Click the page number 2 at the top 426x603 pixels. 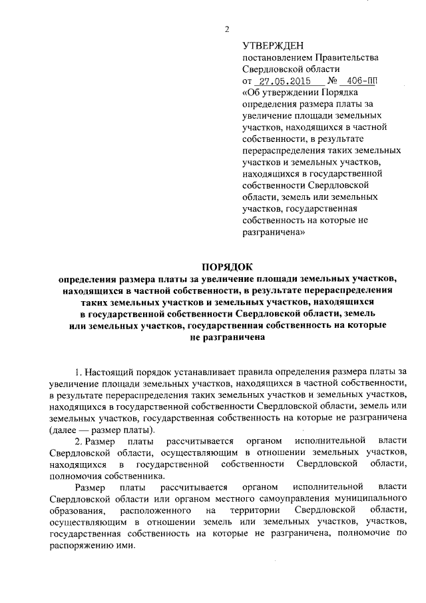tap(228, 29)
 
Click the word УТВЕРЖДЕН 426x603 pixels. tap(272, 45)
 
